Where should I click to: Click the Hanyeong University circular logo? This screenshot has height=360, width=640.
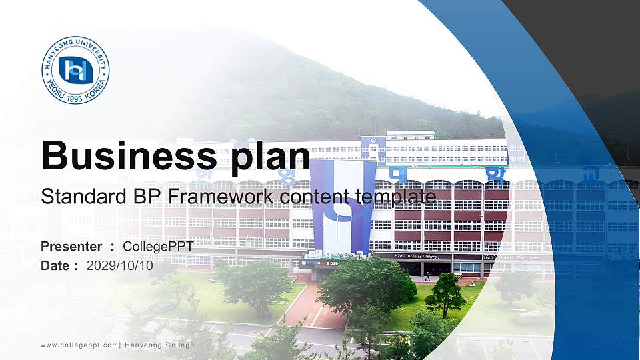[x=76, y=70]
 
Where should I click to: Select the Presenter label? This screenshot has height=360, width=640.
[x=71, y=247]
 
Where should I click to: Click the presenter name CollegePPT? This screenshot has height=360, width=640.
[x=158, y=247]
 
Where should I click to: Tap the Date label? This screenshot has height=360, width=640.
[x=55, y=265]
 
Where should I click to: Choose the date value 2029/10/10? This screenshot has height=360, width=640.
[x=120, y=265]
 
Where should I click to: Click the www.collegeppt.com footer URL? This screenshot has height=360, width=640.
[x=79, y=345]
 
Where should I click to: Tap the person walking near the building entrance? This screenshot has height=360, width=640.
[x=427, y=275]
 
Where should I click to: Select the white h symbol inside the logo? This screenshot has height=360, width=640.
[x=75, y=70]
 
